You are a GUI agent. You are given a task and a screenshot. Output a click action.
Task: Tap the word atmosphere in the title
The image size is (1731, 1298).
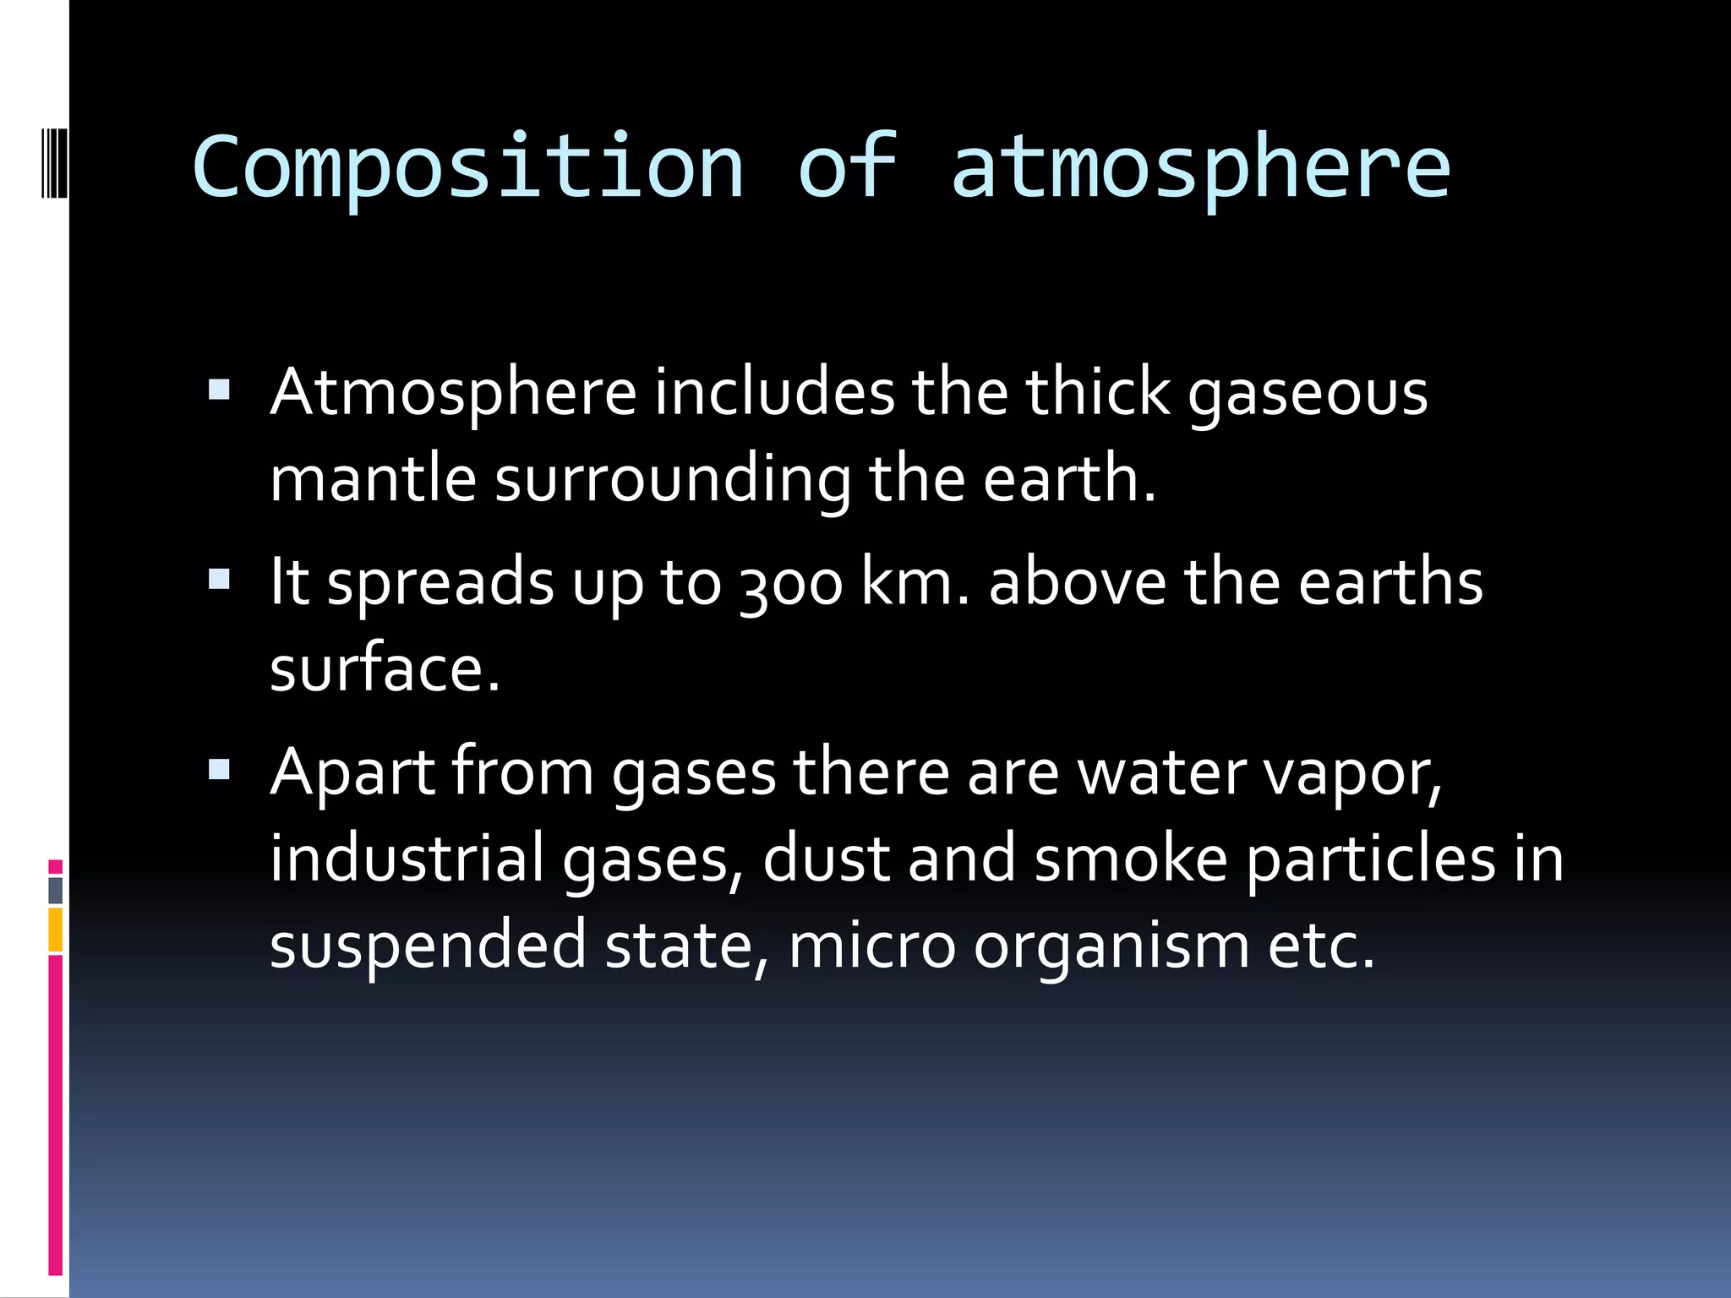coord(1200,169)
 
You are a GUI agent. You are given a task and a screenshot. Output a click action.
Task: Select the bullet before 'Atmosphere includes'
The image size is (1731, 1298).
coord(219,390)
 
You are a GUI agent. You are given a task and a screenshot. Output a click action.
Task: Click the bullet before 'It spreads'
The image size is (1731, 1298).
coord(219,579)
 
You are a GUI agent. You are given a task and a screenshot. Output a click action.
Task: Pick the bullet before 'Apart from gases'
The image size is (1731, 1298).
coord(219,768)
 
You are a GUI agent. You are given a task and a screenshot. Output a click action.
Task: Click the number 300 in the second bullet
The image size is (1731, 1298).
coord(791,584)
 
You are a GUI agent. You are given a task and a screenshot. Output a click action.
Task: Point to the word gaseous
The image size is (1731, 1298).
coord(1308,395)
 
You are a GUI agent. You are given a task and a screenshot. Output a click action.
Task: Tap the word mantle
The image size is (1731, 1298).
coord(373,479)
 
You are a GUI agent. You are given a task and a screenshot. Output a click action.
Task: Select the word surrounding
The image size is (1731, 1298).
coord(673,481)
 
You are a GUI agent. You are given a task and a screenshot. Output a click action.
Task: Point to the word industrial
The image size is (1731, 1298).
coord(407,859)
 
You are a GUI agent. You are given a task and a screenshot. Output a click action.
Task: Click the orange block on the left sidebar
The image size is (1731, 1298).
coord(56,930)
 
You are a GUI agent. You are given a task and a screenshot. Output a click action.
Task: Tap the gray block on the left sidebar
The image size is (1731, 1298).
coord(56,891)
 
